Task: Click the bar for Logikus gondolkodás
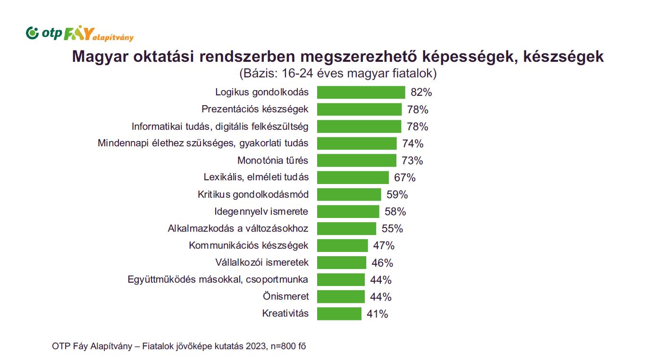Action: click(x=361, y=92)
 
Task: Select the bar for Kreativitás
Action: click(x=339, y=314)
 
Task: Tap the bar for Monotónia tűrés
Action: click(x=356, y=160)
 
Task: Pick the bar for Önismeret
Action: click(x=341, y=297)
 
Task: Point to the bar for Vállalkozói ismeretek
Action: click(x=341, y=263)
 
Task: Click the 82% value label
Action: click(x=421, y=92)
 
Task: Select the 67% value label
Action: click(x=405, y=178)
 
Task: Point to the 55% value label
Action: click(x=392, y=229)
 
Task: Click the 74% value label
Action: click(x=413, y=143)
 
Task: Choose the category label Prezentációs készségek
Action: click(x=255, y=109)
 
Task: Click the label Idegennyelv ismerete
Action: click(x=261, y=211)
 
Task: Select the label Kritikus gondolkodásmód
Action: click(x=253, y=194)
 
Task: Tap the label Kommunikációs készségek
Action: click(x=248, y=245)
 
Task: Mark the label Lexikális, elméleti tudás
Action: click(x=256, y=177)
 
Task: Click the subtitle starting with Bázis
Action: click(x=337, y=74)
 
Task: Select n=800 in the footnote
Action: click(x=282, y=346)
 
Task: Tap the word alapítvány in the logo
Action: click(x=113, y=38)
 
